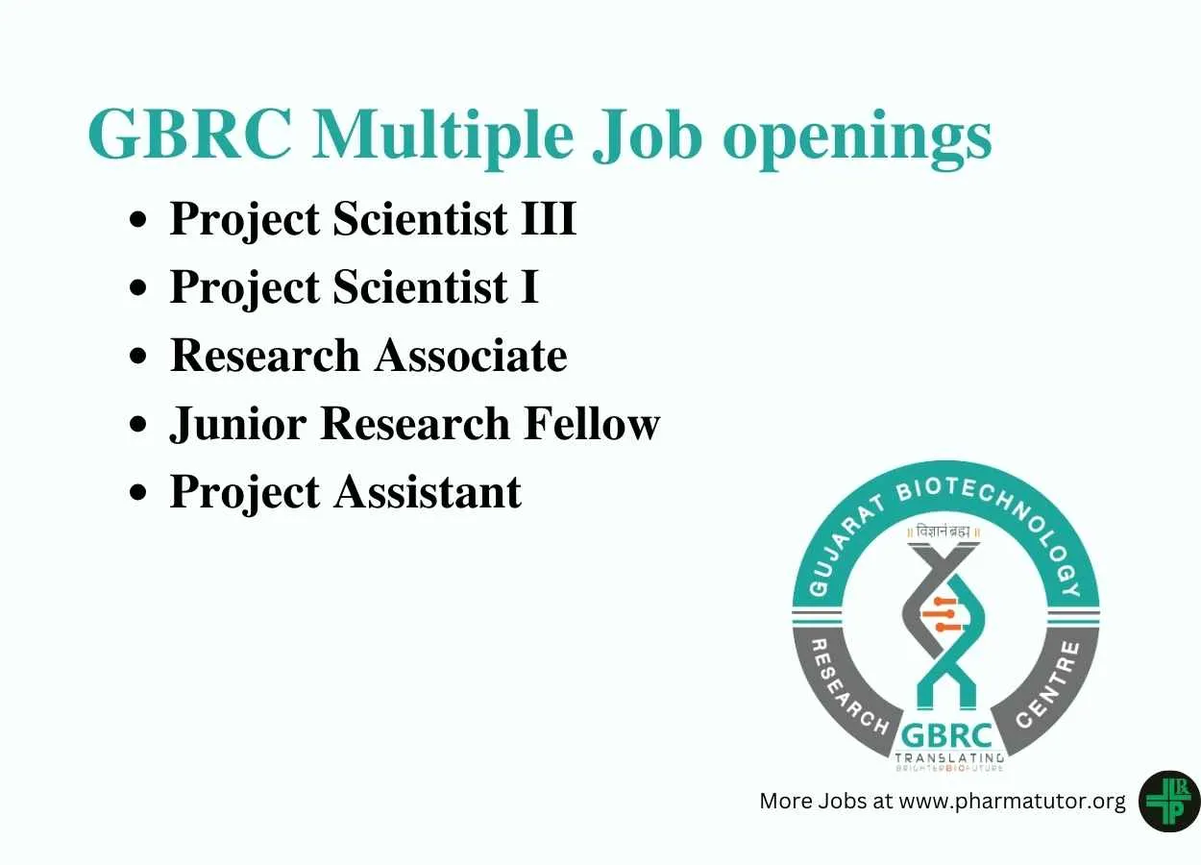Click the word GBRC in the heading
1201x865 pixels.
[x=191, y=134]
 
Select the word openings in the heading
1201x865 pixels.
[x=857, y=140]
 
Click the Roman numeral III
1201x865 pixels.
[x=549, y=218]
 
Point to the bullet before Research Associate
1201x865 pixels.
[x=137, y=356]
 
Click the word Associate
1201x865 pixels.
[x=472, y=355]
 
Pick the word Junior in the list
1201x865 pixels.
[x=238, y=425]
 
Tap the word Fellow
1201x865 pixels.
[x=592, y=423]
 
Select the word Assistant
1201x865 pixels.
[x=428, y=492]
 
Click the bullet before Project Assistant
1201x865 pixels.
[x=137, y=492]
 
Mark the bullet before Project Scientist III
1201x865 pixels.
[x=137, y=219]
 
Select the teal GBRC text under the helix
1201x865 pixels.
[x=946, y=735]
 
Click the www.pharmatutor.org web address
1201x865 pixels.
[x=1013, y=802]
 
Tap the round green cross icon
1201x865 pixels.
[x=1169, y=802]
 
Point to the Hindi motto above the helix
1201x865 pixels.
[x=944, y=532]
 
